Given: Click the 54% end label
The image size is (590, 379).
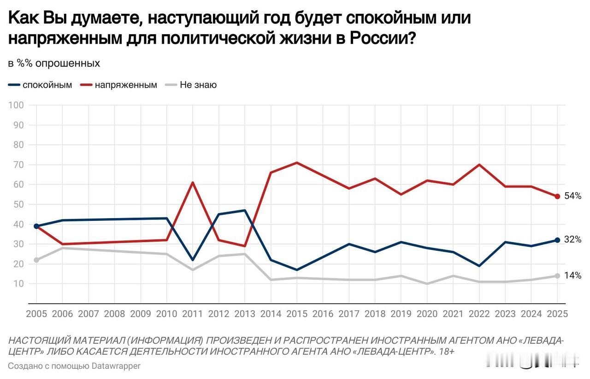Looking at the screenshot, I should [x=572, y=196].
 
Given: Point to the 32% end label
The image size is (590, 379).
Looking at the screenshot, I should [x=572, y=240].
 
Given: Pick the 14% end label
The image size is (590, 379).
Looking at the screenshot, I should [x=572, y=276].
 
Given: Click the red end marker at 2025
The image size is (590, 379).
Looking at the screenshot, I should [x=557, y=196].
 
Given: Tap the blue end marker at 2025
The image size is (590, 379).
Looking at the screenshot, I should [x=557, y=240].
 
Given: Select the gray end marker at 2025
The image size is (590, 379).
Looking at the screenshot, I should [x=557, y=276].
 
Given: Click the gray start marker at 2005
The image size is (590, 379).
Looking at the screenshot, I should [x=36, y=260].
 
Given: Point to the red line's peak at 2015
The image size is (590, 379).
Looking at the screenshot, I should [x=297, y=163].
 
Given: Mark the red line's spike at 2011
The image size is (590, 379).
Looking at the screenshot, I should [x=193, y=183].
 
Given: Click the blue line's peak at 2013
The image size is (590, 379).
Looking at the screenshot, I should [x=245, y=210].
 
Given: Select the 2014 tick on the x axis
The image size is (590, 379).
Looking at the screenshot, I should [x=271, y=314].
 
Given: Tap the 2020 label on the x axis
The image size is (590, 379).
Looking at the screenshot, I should [x=427, y=314].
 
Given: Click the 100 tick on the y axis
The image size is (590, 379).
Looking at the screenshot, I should [x=16, y=105].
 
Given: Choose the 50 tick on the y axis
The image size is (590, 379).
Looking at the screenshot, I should [x=18, y=204].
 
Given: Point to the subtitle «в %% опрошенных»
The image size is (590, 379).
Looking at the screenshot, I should [x=54, y=64].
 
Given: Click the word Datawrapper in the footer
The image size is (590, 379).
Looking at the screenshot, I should [x=116, y=366].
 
